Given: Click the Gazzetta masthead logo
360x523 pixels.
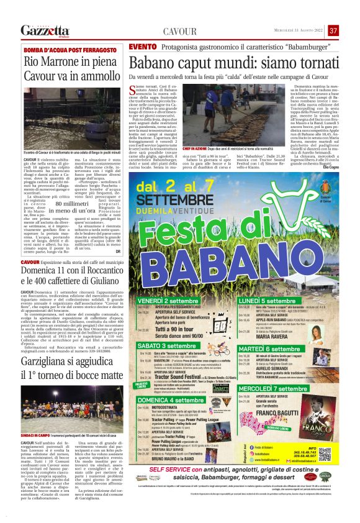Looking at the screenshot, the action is point(43,30).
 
